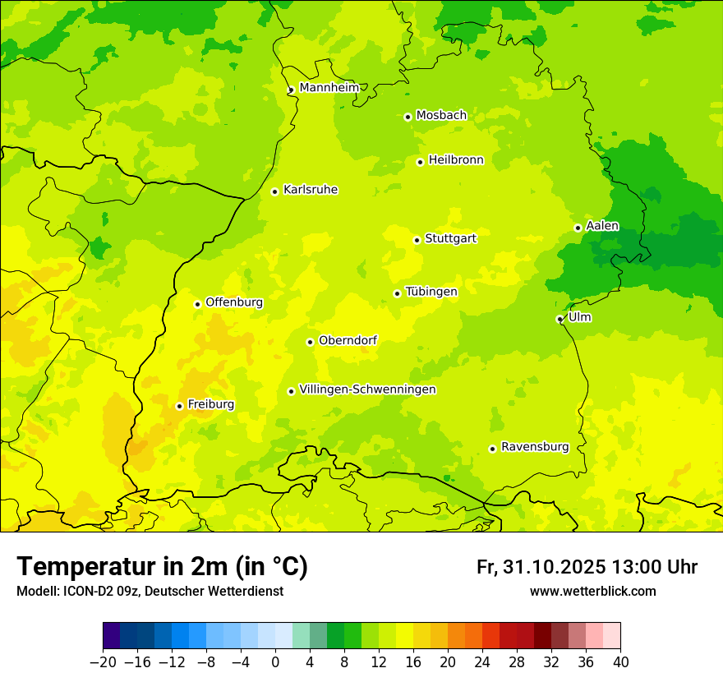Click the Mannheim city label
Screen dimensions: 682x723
[329, 87]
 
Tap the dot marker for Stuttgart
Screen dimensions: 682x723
[417, 240]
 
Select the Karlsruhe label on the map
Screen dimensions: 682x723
[310, 190]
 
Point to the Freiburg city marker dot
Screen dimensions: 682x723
[179, 406]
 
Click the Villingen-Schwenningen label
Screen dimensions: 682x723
[367, 389]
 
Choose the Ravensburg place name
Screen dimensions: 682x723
[535, 447]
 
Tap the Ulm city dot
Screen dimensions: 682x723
[560, 319]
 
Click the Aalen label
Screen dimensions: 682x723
[602, 226]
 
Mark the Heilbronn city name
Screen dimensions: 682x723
[456, 160]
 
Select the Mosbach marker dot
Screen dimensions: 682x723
[408, 117]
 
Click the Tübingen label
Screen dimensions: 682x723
[431, 292]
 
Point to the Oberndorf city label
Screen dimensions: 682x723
[348, 340]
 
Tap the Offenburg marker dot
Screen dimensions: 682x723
[197, 304]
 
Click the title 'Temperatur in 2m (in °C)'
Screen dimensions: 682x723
[162, 566]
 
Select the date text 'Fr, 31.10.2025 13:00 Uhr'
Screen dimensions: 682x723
[587, 567]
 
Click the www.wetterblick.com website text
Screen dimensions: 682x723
[592, 591]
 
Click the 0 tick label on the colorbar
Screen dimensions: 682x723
[275, 662]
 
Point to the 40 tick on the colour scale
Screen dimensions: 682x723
[620, 662]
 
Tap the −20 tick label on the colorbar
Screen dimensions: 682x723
[103, 662]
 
